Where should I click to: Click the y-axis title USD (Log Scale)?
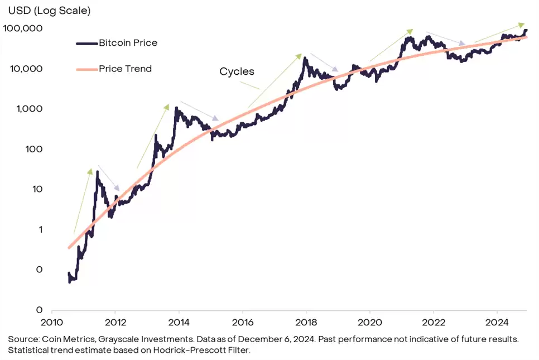click(49, 10)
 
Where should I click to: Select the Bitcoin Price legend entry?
click(127, 42)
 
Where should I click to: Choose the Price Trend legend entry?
click(125, 69)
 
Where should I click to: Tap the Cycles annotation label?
click(237, 71)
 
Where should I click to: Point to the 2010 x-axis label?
click(51, 322)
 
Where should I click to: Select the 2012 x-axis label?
click(115, 322)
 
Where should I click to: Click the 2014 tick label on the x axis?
click(179, 322)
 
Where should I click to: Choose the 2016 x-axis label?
click(242, 322)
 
